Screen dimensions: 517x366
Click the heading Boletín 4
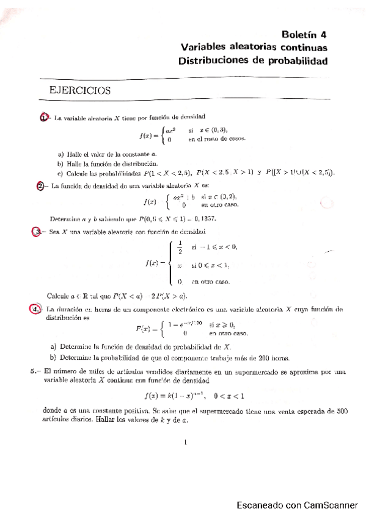(305, 34)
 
